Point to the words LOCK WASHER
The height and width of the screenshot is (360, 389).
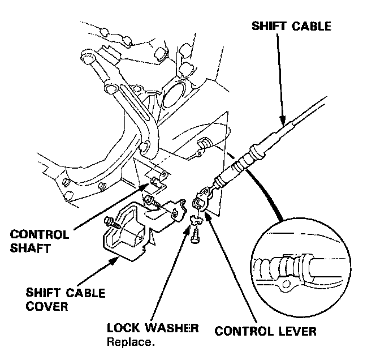(x=153, y=329)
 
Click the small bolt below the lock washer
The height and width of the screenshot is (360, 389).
(x=196, y=237)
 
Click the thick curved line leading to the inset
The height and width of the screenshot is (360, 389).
(x=266, y=187)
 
